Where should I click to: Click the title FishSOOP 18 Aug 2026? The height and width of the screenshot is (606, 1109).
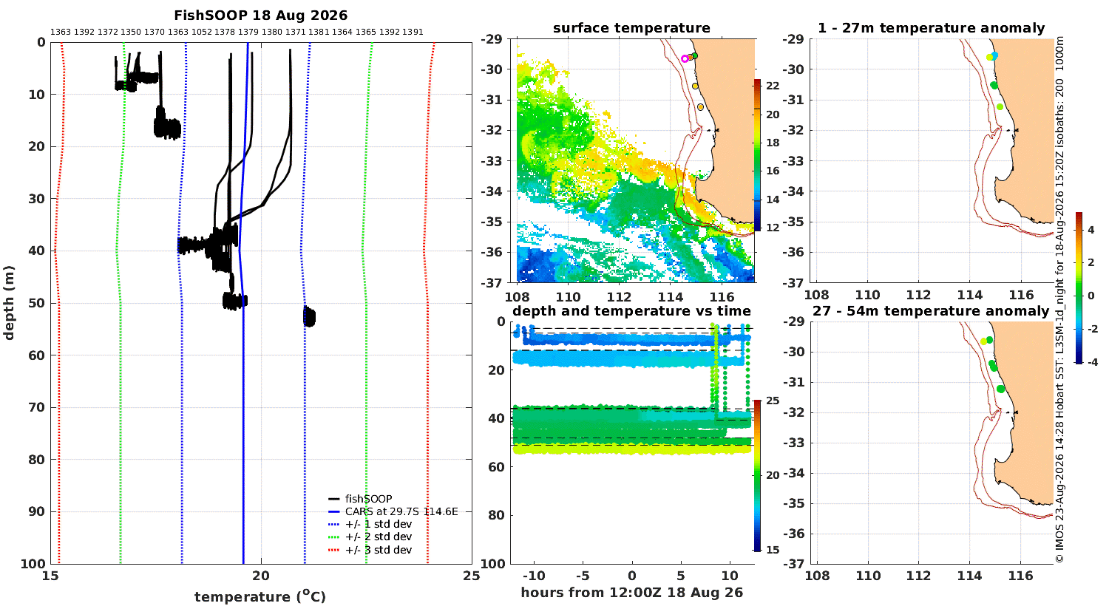260,16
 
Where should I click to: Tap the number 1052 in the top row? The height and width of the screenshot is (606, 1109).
202,33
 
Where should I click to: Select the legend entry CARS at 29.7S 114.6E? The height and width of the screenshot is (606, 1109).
401,511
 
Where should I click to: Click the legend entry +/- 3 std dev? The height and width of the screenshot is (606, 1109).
379,550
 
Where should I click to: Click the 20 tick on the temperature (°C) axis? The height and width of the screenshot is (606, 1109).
261,576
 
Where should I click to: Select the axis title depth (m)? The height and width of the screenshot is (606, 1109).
9,303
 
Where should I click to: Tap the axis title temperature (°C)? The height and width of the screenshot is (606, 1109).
260,596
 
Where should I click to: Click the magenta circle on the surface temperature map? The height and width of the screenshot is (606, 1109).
685,58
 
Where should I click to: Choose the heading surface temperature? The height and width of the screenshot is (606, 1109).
631,28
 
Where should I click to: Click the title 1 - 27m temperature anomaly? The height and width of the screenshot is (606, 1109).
932,28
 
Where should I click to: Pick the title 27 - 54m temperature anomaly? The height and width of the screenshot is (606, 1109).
931,310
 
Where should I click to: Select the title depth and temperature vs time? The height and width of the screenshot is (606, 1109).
631,310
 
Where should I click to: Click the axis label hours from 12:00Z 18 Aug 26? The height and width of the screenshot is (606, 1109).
631,593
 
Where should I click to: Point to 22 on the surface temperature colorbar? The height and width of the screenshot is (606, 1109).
773,86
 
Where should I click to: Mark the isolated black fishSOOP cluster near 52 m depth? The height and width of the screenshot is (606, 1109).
309,316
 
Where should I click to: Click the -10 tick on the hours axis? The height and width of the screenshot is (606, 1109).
534,576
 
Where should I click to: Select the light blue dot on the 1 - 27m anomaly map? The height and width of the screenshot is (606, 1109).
994,56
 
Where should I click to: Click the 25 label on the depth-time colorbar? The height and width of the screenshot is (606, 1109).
773,401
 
